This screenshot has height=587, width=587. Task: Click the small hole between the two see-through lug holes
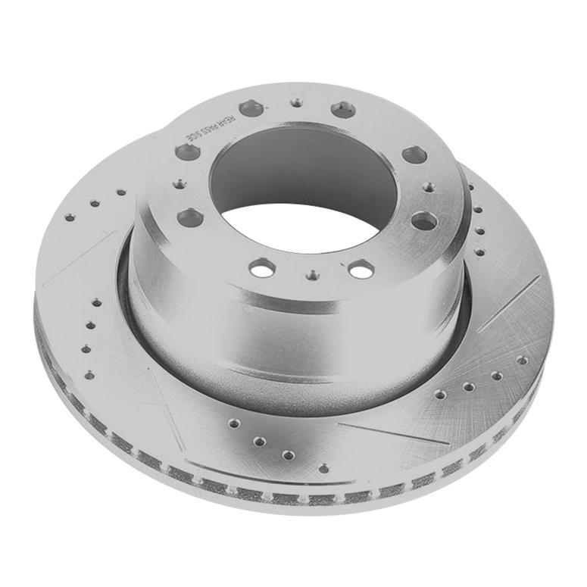click(x=313, y=276)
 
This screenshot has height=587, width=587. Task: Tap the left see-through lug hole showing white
click(x=263, y=267)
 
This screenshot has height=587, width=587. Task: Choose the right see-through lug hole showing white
click(x=361, y=269)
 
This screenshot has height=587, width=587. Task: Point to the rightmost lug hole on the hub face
click(x=425, y=221)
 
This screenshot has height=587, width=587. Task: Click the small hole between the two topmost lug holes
click(x=297, y=101)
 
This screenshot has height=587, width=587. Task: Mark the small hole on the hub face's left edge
click(x=179, y=183)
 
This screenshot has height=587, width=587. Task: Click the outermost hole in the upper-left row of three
click(x=70, y=217)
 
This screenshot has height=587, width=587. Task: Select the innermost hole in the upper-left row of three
click(x=120, y=192)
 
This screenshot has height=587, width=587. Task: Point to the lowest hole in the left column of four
click(x=89, y=374)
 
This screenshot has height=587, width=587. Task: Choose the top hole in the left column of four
click(x=96, y=302)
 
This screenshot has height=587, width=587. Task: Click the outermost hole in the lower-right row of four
click(x=522, y=360)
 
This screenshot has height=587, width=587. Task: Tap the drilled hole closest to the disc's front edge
click(x=324, y=468)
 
